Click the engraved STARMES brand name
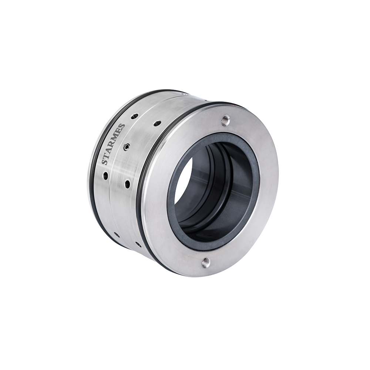pos(113,144)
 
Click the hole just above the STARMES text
pos(135,116)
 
